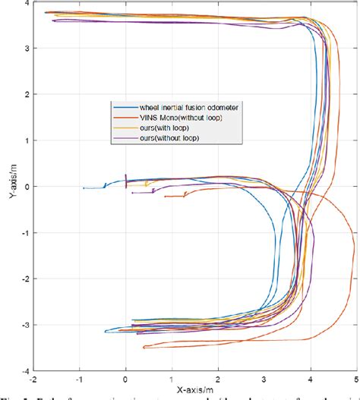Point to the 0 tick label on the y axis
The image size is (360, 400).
click(26, 187)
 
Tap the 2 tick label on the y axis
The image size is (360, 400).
click(26, 95)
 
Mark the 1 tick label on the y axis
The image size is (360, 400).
click(26, 141)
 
